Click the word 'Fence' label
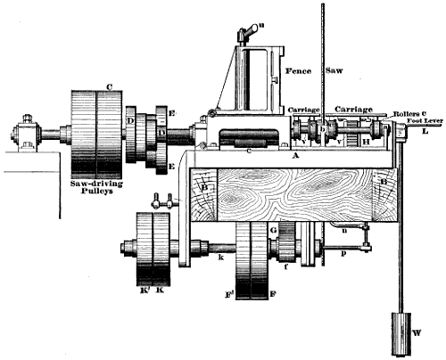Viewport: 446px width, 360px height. [x=296, y=70]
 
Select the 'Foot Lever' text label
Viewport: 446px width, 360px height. [x=425, y=119]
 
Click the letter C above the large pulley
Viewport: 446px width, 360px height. [x=107, y=86]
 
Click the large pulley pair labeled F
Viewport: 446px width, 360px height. [x=253, y=267]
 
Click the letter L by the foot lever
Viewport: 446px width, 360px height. [x=425, y=131]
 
